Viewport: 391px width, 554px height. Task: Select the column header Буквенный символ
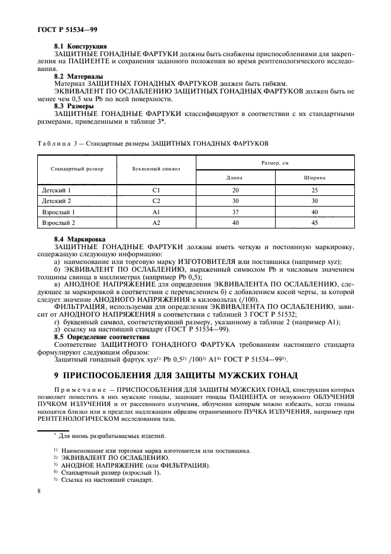point(156,169)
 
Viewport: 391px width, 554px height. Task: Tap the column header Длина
point(235,177)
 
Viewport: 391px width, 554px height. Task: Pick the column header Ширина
point(315,177)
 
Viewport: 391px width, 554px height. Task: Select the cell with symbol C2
point(156,201)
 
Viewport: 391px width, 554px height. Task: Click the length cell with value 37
point(235,212)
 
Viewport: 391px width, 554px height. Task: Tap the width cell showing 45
point(315,223)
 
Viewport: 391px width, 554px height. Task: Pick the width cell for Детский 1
point(315,191)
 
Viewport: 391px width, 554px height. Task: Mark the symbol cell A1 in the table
point(156,212)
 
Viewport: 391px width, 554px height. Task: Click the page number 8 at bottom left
point(39,491)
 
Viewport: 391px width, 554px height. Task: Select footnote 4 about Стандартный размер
point(106,472)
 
